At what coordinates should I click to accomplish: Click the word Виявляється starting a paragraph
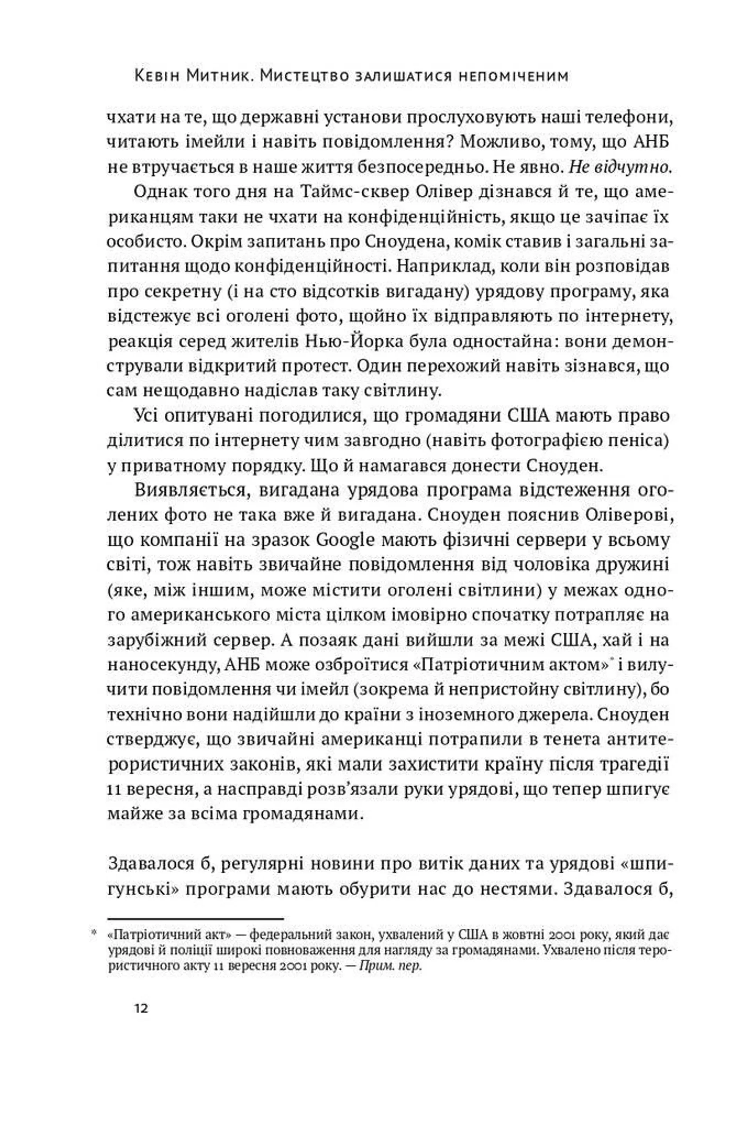coord(175,491)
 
